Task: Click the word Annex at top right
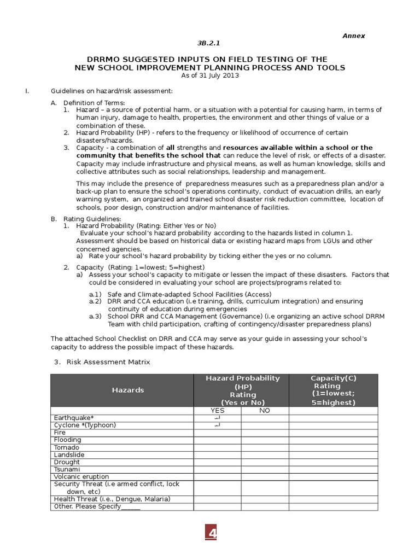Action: coord(353,36)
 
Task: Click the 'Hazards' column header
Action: coord(128,390)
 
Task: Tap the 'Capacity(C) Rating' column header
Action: coord(333,390)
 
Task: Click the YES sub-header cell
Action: coord(217,410)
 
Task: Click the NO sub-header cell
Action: coord(265,410)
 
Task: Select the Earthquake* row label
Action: coord(74,418)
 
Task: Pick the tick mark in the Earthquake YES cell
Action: coord(217,418)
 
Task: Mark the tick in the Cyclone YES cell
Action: coord(217,425)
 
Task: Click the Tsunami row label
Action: coord(67,469)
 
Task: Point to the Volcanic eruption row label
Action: coord(81,477)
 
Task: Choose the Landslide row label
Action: coord(69,454)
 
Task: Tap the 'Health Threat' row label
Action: coord(112,499)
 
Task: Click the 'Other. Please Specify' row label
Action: coord(97,506)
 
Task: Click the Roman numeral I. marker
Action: coord(27,90)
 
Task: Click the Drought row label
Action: coord(67,462)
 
